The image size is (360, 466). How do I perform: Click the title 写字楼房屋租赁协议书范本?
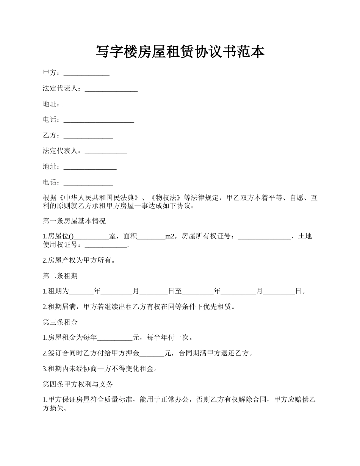tap(180, 52)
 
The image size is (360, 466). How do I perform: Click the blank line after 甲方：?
tap(86, 73)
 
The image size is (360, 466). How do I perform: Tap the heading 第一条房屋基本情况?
tap(74, 221)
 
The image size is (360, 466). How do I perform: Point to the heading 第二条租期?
tap(60, 276)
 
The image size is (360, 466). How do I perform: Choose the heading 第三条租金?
tap(60, 322)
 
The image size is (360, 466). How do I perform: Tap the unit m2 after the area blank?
tap(170, 236)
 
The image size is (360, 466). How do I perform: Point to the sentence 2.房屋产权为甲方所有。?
tap(79, 260)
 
